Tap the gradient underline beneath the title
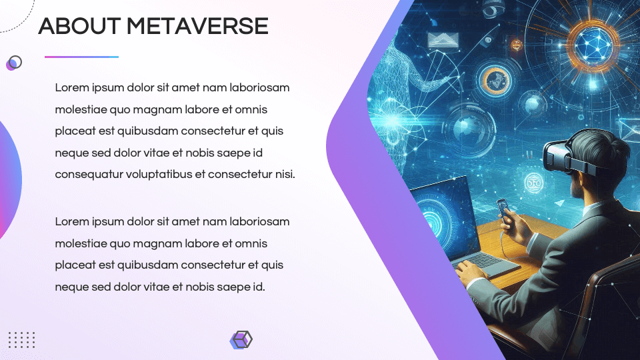(81, 57)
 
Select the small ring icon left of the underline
(14, 63)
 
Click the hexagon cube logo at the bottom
(241, 339)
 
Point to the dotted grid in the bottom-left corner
(21, 339)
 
